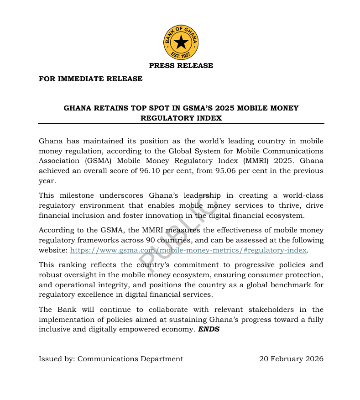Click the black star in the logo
(181, 42)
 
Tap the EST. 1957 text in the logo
(181, 56)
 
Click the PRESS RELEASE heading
(181, 65)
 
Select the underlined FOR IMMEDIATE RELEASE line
(90, 79)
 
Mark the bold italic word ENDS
(209, 329)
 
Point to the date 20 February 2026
(291, 358)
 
